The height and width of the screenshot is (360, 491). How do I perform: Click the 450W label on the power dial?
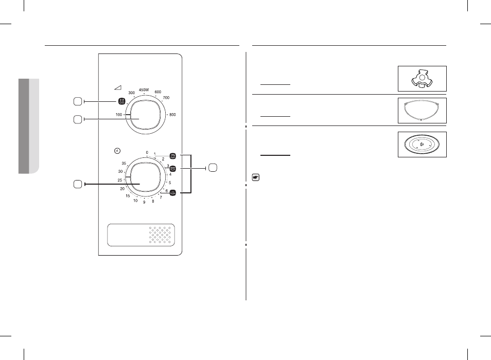(x=144, y=90)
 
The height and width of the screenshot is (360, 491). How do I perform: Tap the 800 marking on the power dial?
(x=172, y=115)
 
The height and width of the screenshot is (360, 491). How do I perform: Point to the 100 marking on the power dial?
(x=119, y=115)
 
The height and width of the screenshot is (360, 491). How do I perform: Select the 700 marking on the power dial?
(x=166, y=98)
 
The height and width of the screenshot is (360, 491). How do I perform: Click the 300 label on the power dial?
(x=132, y=93)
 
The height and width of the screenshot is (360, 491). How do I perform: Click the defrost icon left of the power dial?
(x=122, y=101)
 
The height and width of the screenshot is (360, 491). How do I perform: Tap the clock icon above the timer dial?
(x=117, y=151)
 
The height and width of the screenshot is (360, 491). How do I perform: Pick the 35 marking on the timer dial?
(x=124, y=164)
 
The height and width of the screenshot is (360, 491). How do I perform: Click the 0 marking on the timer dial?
(x=147, y=153)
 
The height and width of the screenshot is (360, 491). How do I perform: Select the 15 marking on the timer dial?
(x=128, y=196)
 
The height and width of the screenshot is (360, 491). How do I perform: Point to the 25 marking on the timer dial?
(x=119, y=180)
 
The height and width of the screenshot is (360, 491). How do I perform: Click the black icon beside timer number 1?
(x=173, y=156)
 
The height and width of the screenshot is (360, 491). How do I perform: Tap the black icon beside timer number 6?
(x=173, y=193)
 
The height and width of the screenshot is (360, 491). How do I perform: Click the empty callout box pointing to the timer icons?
(x=213, y=168)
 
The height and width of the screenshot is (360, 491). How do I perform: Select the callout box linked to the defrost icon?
(x=78, y=101)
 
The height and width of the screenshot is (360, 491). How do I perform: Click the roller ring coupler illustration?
(x=422, y=78)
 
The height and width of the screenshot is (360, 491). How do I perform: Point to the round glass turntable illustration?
(x=422, y=144)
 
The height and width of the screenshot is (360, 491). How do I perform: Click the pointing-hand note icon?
(x=256, y=177)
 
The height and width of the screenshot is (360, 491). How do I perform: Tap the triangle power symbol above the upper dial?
(x=118, y=87)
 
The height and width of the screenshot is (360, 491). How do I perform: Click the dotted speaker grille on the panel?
(x=160, y=235)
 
